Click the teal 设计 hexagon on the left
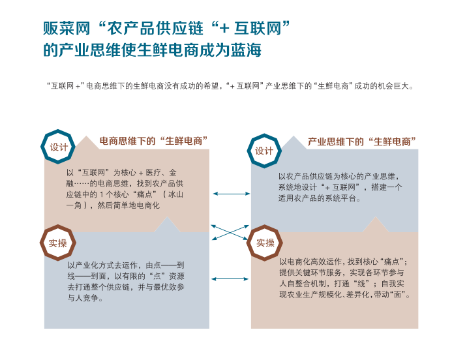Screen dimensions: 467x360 coord(43,147)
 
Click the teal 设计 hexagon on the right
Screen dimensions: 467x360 coord(250,151)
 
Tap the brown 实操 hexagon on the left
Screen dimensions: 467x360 coord(42,243)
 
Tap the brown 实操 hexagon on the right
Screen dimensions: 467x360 coord(249,243)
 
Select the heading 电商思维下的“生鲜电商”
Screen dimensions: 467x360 coord(153,141)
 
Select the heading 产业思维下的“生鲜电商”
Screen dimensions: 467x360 coord(361,142)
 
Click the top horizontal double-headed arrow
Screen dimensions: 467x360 coord(232,194)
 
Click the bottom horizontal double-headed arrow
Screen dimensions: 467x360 coord(230,279)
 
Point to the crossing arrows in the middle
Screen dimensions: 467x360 coord(230,232)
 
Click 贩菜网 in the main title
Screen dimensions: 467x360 coord(67,29)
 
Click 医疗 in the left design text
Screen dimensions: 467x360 coord(153,173)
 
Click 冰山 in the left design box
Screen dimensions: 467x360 coord(175,195)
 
